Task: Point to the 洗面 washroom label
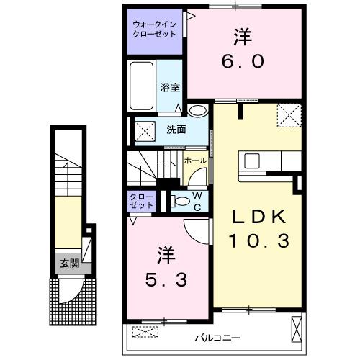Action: tap(176, 130)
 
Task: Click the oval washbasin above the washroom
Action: tap(197, 111)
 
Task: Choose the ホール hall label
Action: tap(195, 161)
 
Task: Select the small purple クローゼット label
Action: tap(142, 200)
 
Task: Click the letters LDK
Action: tap(258, 215)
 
